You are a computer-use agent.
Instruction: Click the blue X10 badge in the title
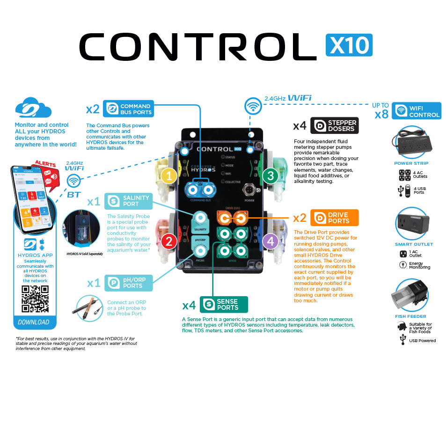(349, 45)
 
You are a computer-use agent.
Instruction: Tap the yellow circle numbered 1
(169, 176)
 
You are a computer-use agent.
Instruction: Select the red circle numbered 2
(169, 241)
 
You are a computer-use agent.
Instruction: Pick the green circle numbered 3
(270, 176)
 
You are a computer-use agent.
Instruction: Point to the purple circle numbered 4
(270, 241)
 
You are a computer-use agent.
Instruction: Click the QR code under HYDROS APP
(35, 299)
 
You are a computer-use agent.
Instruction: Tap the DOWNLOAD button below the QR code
(34, 322)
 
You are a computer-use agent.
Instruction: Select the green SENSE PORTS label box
(224, 304)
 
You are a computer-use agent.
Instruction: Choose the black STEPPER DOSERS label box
(335, 125)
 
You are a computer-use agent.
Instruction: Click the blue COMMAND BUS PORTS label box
(128, 109)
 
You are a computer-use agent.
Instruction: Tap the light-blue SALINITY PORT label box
(128, 201)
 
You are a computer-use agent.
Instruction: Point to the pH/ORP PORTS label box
(128, 283)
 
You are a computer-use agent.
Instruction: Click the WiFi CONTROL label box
(417, 111)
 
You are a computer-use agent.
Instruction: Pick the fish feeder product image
(409, 296)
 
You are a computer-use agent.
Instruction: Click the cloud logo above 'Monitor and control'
(33, 109)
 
